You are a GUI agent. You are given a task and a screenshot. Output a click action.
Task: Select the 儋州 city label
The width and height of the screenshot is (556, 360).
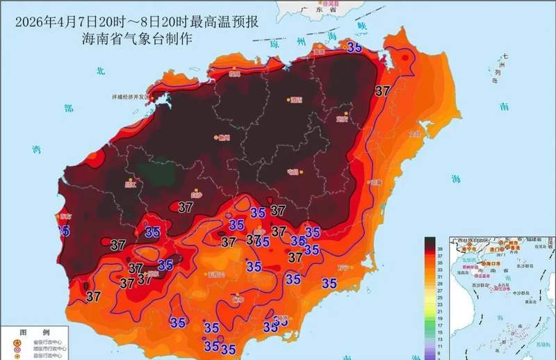point(223,138)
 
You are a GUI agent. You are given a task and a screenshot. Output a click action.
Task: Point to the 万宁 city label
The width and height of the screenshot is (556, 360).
point(342,267)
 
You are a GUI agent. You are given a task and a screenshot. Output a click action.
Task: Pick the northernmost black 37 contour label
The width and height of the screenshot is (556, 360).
point(382,90)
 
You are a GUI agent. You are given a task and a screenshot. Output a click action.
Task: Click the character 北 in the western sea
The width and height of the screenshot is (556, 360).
point(99,71)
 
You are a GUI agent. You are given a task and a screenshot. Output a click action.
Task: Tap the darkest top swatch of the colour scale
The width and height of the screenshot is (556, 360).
point(430,243)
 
